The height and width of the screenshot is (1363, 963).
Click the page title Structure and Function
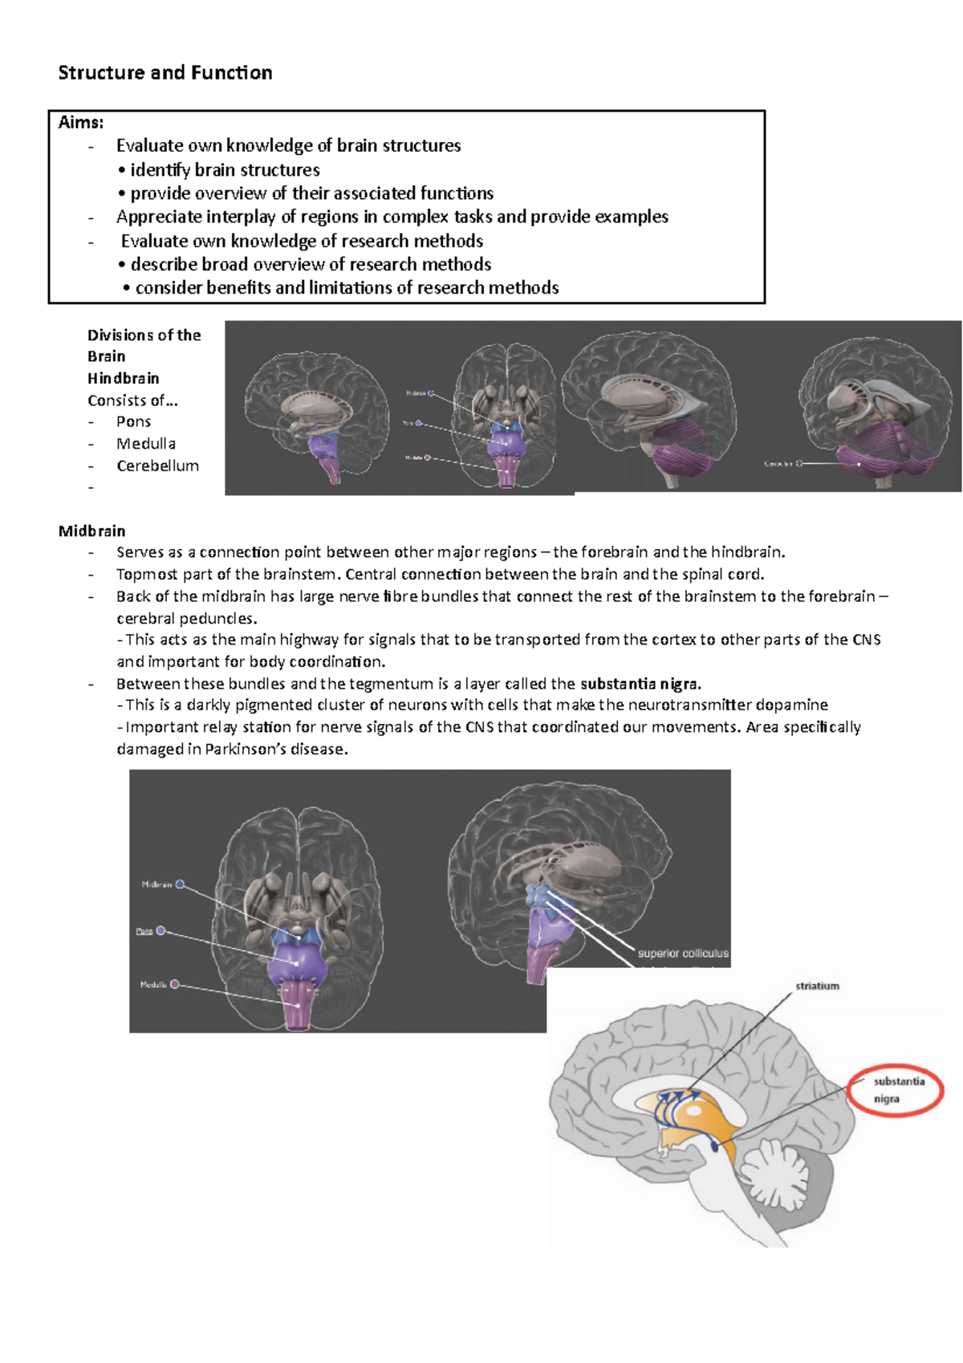point(165,73)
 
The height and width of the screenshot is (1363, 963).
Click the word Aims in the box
point(79,123)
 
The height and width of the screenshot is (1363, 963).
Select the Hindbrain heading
point(124,378)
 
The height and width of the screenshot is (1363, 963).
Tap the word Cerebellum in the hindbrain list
point(157,466)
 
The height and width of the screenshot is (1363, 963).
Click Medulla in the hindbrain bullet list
point(146,444)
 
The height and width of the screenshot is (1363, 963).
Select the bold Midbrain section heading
point(91,531)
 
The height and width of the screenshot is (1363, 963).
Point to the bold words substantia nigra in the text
point(640,684)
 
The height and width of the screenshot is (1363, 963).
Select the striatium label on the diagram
point(817,986)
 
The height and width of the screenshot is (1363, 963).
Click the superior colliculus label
point(683,954)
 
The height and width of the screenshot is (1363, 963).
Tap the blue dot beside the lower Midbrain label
point(181,885)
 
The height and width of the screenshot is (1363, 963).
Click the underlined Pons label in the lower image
point(144,931)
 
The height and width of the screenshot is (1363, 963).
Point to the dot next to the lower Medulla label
point(175,984)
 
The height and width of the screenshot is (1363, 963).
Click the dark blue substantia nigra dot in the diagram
point(716,1148)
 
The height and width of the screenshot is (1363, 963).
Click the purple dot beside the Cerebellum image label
point(799,463)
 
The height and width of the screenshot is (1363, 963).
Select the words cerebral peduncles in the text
point(186,619)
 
